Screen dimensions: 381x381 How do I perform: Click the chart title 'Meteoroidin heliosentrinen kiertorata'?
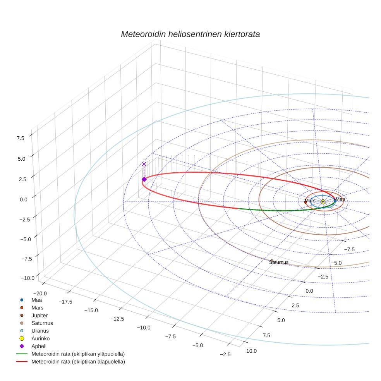click(x=190, y=34)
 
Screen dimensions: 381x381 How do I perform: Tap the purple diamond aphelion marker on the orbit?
click(x=144, y=179)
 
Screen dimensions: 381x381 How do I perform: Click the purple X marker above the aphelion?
click(x=144, y=164)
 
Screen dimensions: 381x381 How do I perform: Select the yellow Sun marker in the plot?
click(x=323, y=202)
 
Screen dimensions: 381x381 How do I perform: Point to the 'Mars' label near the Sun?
click(x=310, y=201)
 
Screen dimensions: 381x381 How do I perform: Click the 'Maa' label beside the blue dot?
click(x=340, y=199)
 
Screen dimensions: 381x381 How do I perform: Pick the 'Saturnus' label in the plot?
click(x=279, y=262)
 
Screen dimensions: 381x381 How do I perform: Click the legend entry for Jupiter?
click(x=39, y=316)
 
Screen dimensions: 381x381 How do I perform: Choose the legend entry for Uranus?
click(x=40, y=331)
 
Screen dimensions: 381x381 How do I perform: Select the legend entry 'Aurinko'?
click(x=40, y=338)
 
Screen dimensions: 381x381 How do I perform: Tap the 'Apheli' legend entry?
click(x=39, y=346)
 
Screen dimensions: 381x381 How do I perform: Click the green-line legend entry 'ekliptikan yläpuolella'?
click(x=78, y=354)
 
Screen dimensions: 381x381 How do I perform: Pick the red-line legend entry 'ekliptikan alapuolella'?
click(x=78, y=362)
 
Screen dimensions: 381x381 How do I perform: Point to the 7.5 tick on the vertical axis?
click(x=21, y=138)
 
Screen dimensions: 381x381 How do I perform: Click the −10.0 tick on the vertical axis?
click(x=27, y=278)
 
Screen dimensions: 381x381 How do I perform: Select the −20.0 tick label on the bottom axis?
click(x=40, y=293)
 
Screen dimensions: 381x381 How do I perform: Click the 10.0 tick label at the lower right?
click(x=251, y=351)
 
